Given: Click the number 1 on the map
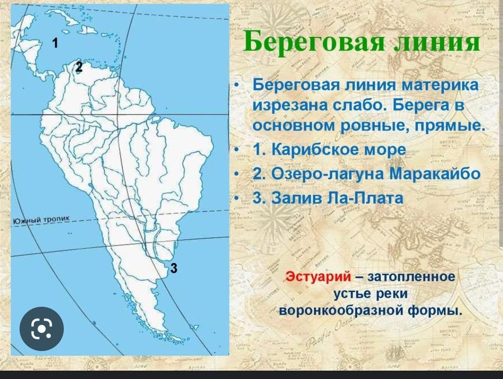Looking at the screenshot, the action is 55,43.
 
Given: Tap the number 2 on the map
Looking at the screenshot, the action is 79,67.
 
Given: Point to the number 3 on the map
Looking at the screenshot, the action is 174,268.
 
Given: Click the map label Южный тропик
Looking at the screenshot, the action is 41,221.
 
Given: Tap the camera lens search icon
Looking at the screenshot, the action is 42,329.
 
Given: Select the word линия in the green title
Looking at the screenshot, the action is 436,42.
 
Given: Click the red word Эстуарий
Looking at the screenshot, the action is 318,276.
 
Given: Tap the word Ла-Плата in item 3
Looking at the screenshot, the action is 364,198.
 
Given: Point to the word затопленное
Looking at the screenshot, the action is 411,276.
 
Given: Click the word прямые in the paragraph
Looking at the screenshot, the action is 450,125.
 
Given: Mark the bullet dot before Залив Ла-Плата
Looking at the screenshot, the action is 237,198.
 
